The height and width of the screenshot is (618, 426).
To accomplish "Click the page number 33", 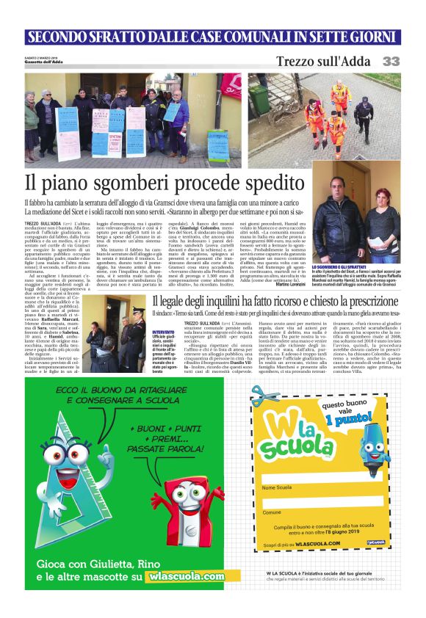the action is (x=391, y=62).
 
